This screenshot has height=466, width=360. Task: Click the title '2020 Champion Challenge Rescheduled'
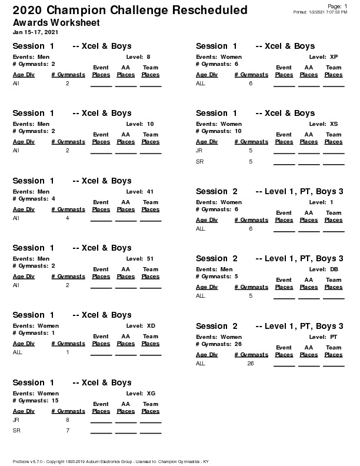point(129,11)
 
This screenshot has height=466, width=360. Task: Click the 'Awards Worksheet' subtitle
point(56,23)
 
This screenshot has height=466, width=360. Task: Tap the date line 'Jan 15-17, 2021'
point(35,32)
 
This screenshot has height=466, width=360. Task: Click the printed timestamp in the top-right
point(320,12)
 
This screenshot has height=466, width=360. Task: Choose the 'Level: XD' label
point(141,325)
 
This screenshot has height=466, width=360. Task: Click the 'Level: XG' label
point(141,392)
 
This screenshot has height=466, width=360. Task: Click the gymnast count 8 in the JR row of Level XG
point(68,420)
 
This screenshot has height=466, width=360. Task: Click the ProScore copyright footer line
point(111,461)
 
